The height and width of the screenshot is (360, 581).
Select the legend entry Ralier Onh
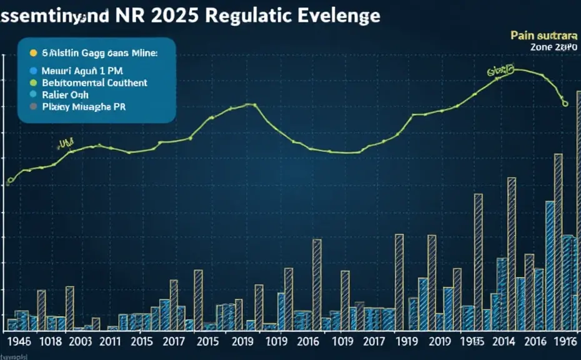pyautogui.click(x=66, y=94)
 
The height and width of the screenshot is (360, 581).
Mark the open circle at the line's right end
pyautogui.click(x=565, y=104)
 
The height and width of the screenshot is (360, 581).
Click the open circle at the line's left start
pyautogui.click(x=9, y=182)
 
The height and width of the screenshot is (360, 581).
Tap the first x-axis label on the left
pyautogui.click(x=14, y=341)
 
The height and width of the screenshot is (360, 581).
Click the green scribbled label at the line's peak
pyautogui.click(x=500, y=72)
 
